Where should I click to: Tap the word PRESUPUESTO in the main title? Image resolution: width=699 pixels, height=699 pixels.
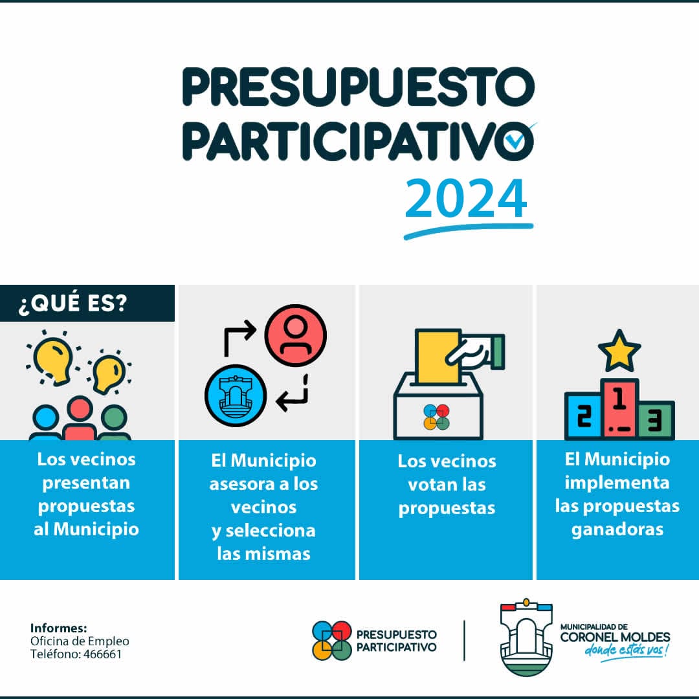(x=358, y=87)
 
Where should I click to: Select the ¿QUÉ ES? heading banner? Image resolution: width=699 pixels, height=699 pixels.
(x=87, y=303)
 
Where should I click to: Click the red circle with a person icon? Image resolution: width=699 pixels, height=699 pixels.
(x=296, y=335)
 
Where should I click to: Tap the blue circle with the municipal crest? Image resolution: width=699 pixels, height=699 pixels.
(x=236, y=395)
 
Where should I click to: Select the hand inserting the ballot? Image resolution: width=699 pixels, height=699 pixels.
(x=475, y=352)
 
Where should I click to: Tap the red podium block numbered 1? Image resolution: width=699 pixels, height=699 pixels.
(x=619, y=409)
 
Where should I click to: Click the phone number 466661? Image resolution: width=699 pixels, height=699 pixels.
(x=102, y=654)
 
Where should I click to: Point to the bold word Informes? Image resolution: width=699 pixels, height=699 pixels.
(x=58, y=628)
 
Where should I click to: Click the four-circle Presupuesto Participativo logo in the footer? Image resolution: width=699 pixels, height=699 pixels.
(x=331, y=641)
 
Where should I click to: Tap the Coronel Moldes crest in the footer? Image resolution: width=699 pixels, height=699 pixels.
(x=526, y=637)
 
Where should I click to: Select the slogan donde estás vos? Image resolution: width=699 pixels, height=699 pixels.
(x=627, y=650)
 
